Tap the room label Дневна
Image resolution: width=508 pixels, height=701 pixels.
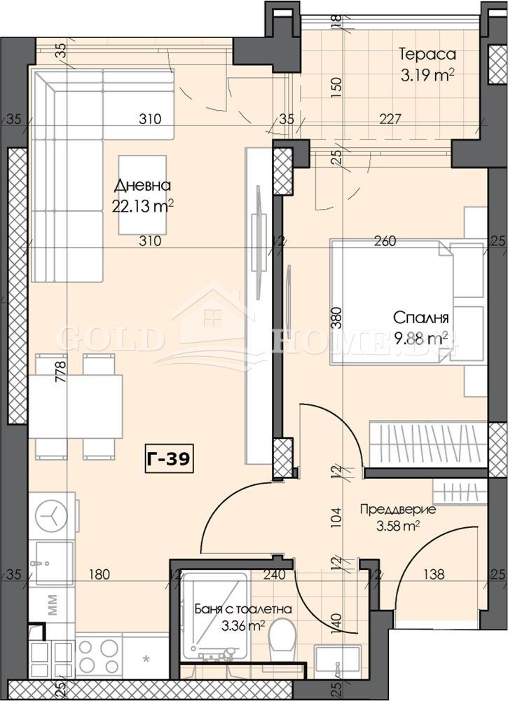(x=143, y=186)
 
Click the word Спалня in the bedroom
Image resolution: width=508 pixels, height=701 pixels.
(x=420, y=318)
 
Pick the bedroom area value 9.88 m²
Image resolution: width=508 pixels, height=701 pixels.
(x=421, y=339)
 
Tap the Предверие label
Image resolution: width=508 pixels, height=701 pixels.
(x=397, y=510)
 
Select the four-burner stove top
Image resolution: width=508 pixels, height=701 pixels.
(x=98, y=656)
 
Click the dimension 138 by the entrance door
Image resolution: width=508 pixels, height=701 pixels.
(x=434, y=576)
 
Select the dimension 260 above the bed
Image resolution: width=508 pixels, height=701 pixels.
(x=385, y=242)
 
